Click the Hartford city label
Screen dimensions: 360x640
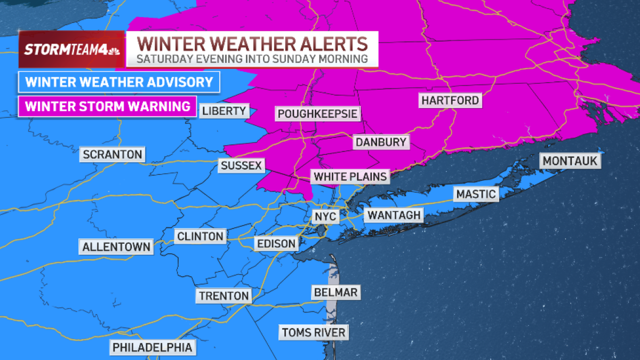point(450,100)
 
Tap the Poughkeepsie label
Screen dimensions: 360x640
point(317,114)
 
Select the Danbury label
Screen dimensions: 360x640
point(381,142)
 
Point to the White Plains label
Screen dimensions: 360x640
point(350,177)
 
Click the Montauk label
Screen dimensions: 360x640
point(571,161)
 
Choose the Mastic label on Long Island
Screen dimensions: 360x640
point(476,194)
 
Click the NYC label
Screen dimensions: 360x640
point(325,217)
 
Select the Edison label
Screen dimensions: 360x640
point(276,243)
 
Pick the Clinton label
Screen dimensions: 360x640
point(200,236)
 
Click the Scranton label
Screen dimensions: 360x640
point(113,155)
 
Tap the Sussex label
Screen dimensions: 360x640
point(242,165)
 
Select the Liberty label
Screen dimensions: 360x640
point(224,111)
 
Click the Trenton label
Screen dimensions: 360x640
point(223,295)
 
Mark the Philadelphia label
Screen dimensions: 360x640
point(153,347)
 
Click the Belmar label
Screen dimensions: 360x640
point(335,292)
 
